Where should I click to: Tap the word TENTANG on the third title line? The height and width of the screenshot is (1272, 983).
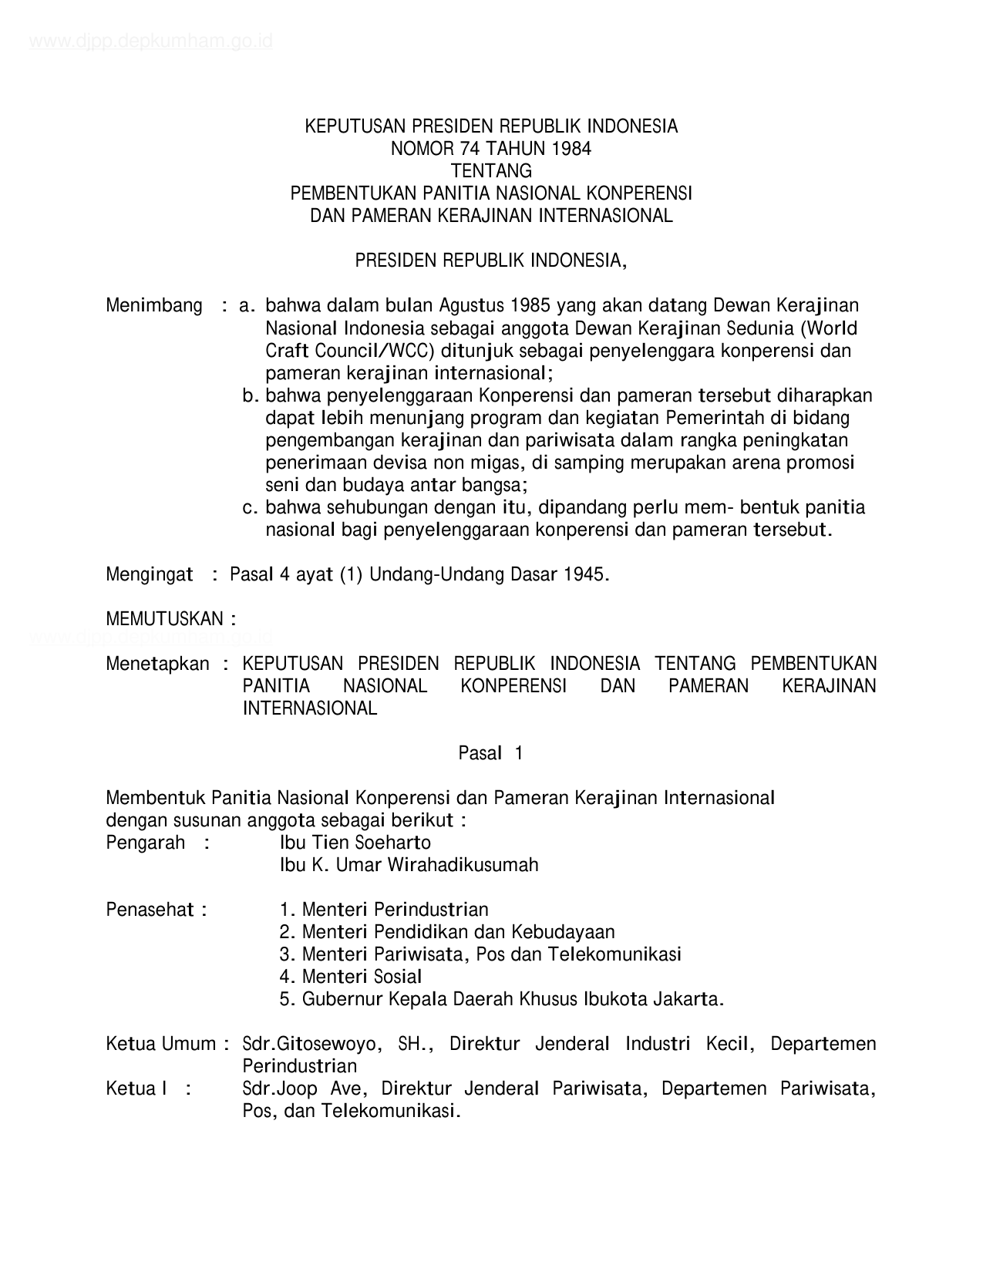click(491, 170)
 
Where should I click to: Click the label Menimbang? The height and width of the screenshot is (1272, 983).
click(154, 306)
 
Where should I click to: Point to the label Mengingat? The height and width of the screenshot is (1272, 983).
click(150, 575)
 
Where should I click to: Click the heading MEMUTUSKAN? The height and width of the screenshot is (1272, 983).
click(170, 619)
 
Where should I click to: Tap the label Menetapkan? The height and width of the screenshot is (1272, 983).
click(157, 665)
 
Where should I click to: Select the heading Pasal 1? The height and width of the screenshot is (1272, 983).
click(490, 754)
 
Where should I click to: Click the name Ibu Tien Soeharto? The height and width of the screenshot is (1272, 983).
click(355, 843)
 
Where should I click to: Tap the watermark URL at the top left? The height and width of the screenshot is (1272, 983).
click(150, 42)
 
